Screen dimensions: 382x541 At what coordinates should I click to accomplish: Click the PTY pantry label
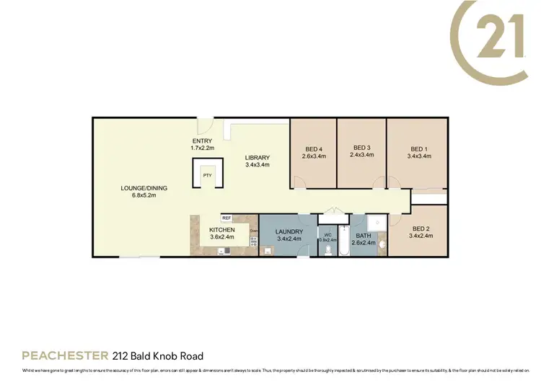point(207,175)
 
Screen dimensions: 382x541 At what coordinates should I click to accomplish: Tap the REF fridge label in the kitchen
point(226,218)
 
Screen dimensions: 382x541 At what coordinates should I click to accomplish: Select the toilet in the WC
point(328,249)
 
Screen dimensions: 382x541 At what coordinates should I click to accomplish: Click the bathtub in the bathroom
point(346,241)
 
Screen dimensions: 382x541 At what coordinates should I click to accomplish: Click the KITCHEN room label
point(223,229)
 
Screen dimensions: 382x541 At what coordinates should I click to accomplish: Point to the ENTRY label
point(203,141)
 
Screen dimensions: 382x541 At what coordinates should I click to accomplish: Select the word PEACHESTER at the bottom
point(65,355)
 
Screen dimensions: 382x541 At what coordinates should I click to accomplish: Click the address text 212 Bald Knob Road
point(158,355)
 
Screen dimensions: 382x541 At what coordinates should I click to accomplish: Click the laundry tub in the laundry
point(268,251)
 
